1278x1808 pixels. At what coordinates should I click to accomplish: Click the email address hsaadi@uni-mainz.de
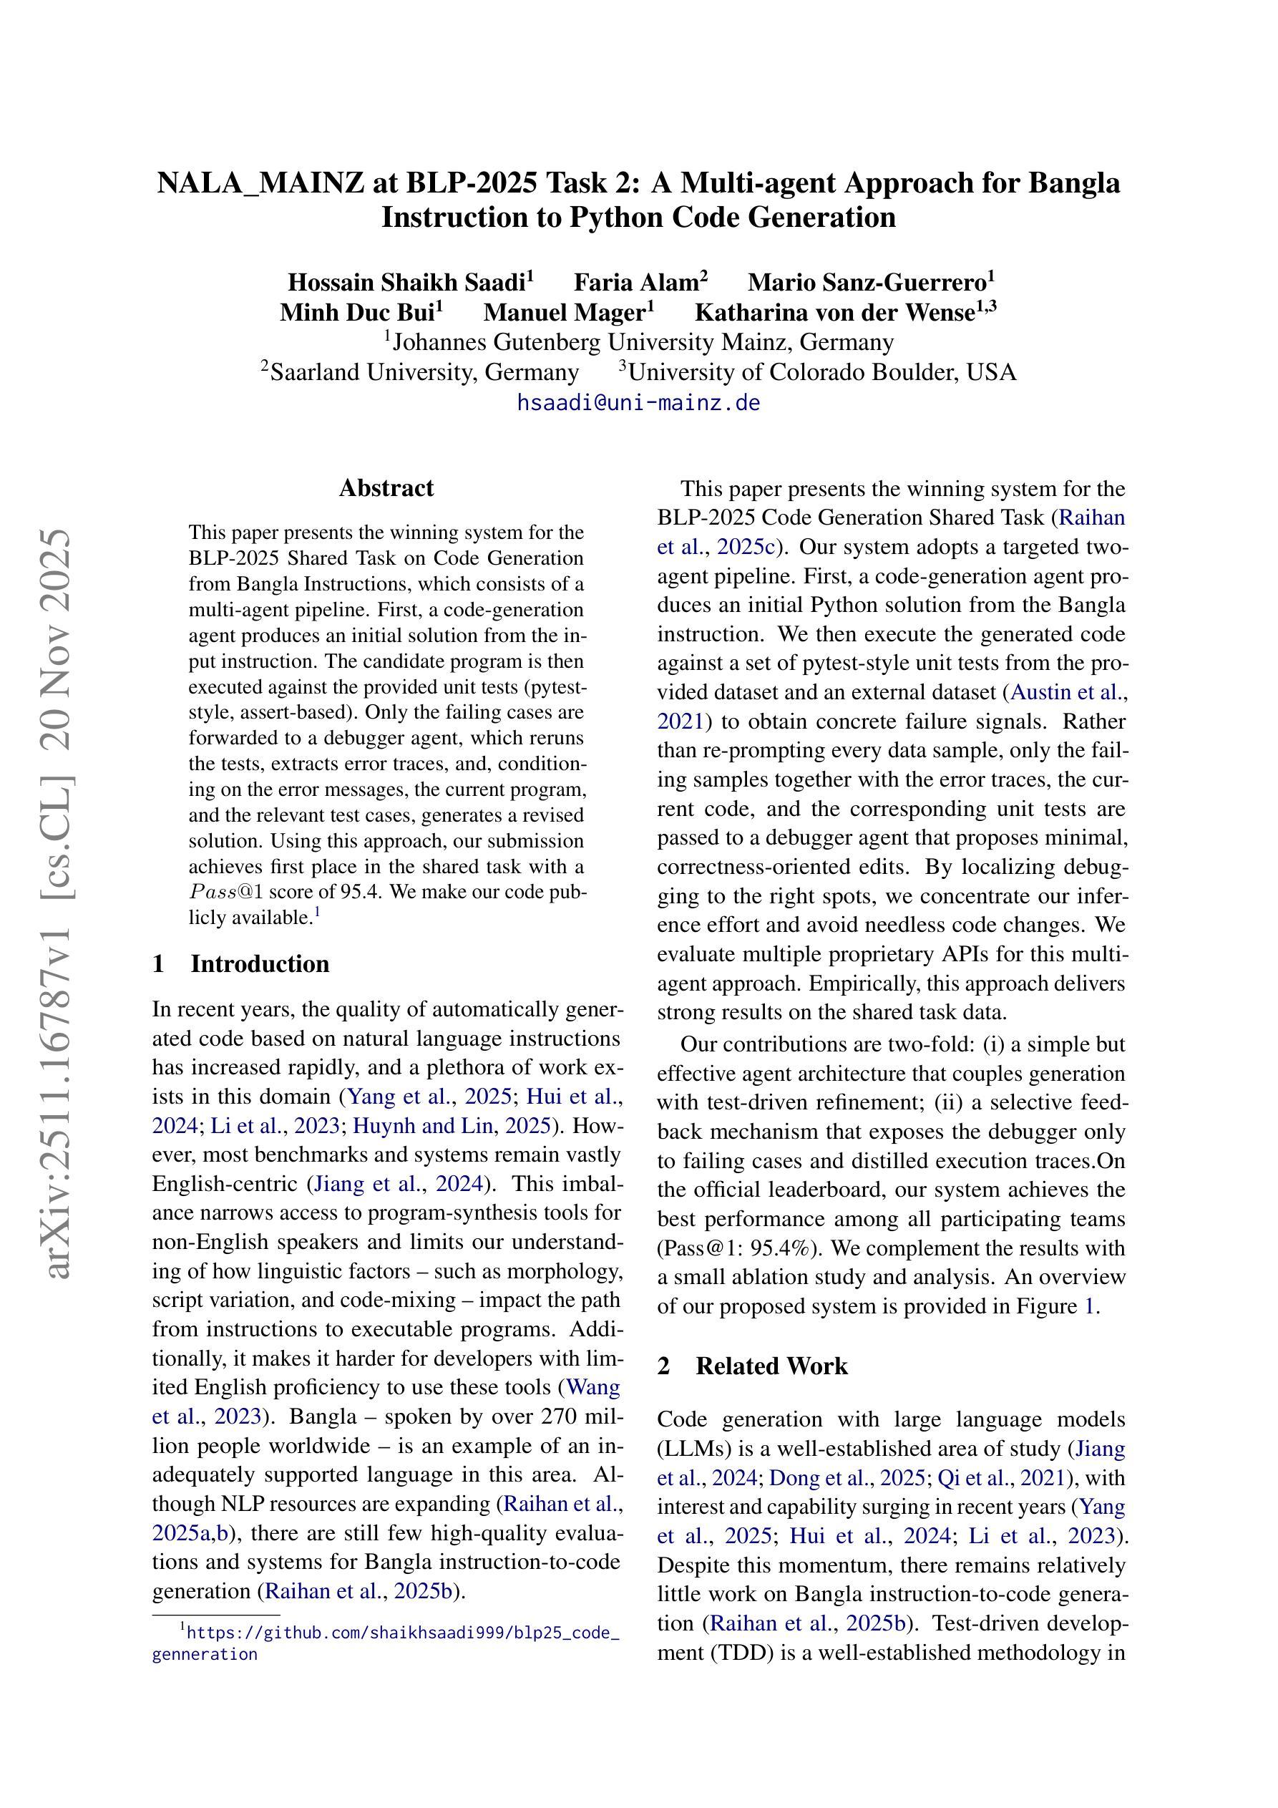point(638,402)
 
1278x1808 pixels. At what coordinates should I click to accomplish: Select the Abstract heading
point(386,488)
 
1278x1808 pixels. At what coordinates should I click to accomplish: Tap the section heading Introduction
point(259,964)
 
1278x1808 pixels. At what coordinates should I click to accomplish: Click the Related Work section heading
point(771,1366)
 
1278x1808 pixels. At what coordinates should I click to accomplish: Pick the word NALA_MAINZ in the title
point(260,183)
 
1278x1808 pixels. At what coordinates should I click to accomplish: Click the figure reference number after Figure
point(1089,1306)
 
